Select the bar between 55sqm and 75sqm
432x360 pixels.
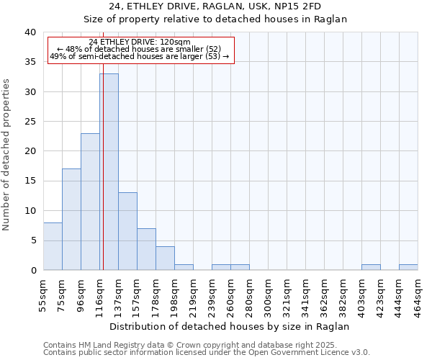coord(53,246)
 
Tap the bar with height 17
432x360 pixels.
coord(71,219)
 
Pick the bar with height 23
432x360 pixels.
coord(90,202)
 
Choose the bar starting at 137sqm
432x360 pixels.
coord(127,231)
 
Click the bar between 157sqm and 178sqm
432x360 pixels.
coord(146,249)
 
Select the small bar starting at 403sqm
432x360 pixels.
coord(371,267)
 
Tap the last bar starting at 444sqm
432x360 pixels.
coord(408,267)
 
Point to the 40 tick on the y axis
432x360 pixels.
coord(30,32)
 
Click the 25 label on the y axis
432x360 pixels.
coord(30,122)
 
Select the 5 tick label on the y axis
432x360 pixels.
coord(32,240)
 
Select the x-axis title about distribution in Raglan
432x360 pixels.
coord(230,326)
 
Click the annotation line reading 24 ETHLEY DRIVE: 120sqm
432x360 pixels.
coord(140,42)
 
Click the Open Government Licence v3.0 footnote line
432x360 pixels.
coord(207,352)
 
